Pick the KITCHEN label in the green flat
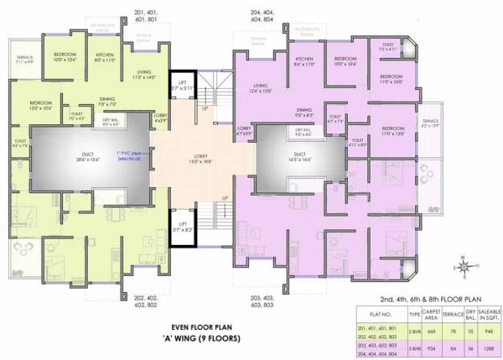tap(104, 58)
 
